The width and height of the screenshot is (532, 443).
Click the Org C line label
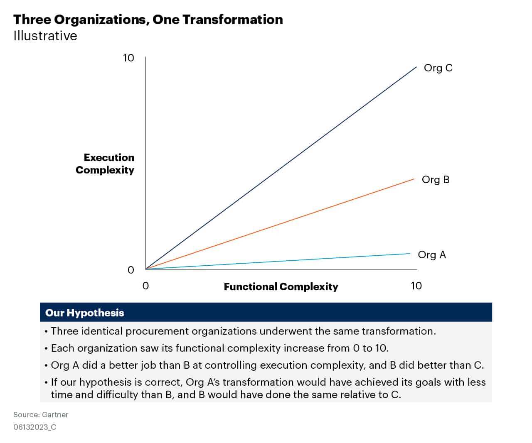(x=438, y=68)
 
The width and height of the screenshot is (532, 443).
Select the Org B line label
(x=435, y=179)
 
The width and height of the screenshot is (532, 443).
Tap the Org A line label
(x=431, y=255)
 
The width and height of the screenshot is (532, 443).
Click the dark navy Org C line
(x=281, y=168)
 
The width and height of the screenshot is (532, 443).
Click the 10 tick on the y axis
(x=128, y=58)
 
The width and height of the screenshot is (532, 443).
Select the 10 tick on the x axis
(x=416, y=286)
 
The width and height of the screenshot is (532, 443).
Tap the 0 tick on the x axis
(x=145, y=286)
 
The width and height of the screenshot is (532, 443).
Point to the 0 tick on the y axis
(x=131, y=270)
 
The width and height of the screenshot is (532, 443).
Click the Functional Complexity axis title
(x=281, y=286)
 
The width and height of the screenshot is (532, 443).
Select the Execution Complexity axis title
(x=105, y=164)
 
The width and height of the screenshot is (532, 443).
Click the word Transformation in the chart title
(x=232, y=19)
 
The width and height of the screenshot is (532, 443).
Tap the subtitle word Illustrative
(x=45, y=36)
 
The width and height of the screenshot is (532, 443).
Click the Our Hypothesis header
(x=84, y=313)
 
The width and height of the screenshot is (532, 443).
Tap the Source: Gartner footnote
(x=41, y=414)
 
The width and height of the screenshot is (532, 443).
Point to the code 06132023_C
(x=34, y=427)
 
